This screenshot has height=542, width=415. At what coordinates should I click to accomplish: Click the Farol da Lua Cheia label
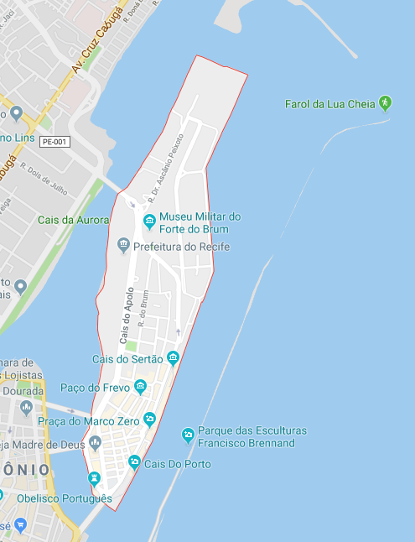tap(329, 103)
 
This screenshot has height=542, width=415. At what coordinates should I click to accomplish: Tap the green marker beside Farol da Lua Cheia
tap(385, 102)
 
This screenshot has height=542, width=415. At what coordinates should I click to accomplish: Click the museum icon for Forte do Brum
tap(149, 221)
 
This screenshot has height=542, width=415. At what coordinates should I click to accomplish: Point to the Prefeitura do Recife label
tap(181, 247)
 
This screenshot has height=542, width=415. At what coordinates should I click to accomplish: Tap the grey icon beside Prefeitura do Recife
tap(123, 246)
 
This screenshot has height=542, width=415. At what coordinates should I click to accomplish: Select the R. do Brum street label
tap(143, 308)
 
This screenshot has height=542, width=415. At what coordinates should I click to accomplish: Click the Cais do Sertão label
tap(127, 359)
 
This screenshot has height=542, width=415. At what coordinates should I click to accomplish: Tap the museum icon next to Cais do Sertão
tap(173, 359)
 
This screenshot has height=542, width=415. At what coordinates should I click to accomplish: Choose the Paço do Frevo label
tap(95, 388)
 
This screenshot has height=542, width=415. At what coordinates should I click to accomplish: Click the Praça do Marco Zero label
tap(90, 420)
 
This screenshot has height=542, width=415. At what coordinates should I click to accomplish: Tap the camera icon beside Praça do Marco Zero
tap(149, 419)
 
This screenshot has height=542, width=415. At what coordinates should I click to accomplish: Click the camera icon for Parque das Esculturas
tap(188, 435)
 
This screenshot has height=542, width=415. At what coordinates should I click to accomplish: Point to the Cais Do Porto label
tap(177, 464)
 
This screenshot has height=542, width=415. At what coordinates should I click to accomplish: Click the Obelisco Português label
tap(64, 498)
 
